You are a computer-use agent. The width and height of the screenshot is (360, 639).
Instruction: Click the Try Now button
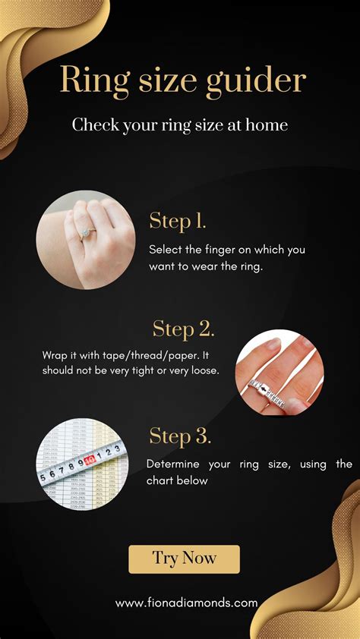pyautogui.click(x=184, y=559)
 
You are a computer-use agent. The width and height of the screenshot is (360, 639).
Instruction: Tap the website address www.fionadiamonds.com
pyautogui.click(x=186, y=603)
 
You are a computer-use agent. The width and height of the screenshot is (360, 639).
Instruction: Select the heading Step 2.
pyautogui.click(x=183, y=329)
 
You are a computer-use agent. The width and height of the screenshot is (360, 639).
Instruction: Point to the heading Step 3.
pyautogui.click(x=179, y=436)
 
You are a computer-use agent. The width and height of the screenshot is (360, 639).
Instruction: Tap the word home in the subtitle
pyautogui.click(x=268, y=124)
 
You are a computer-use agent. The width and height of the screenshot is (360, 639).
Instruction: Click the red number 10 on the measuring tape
pyautogui.click(x=89, y=460)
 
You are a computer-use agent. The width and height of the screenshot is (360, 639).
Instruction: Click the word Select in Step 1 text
pyautogui.click(x=166, y=249)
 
